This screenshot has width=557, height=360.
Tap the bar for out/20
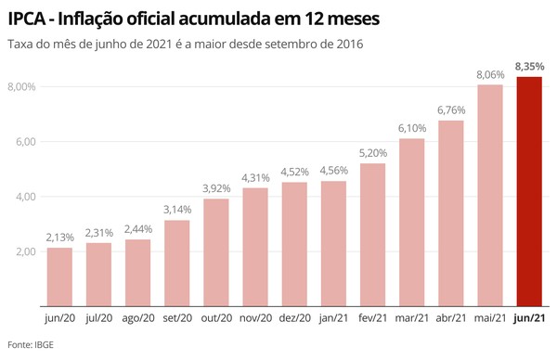(x=216, y=252)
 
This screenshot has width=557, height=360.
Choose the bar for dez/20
(x=295, y=244)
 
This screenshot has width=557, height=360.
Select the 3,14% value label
(x=177, y=210)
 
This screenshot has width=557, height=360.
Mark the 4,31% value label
(x=256, y=178)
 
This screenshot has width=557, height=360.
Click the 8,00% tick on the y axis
(x=20, y=87)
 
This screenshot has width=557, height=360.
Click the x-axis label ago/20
(x=138, y=318)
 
